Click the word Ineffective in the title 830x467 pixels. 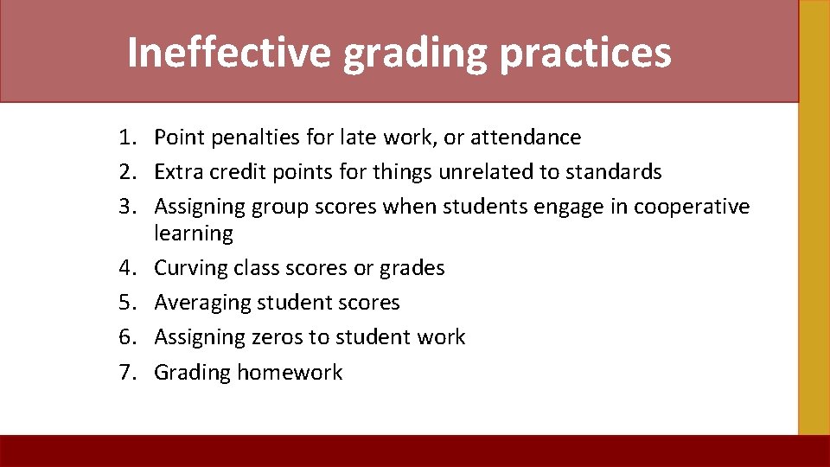228,52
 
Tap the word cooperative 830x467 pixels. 692,207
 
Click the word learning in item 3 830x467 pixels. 194,233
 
